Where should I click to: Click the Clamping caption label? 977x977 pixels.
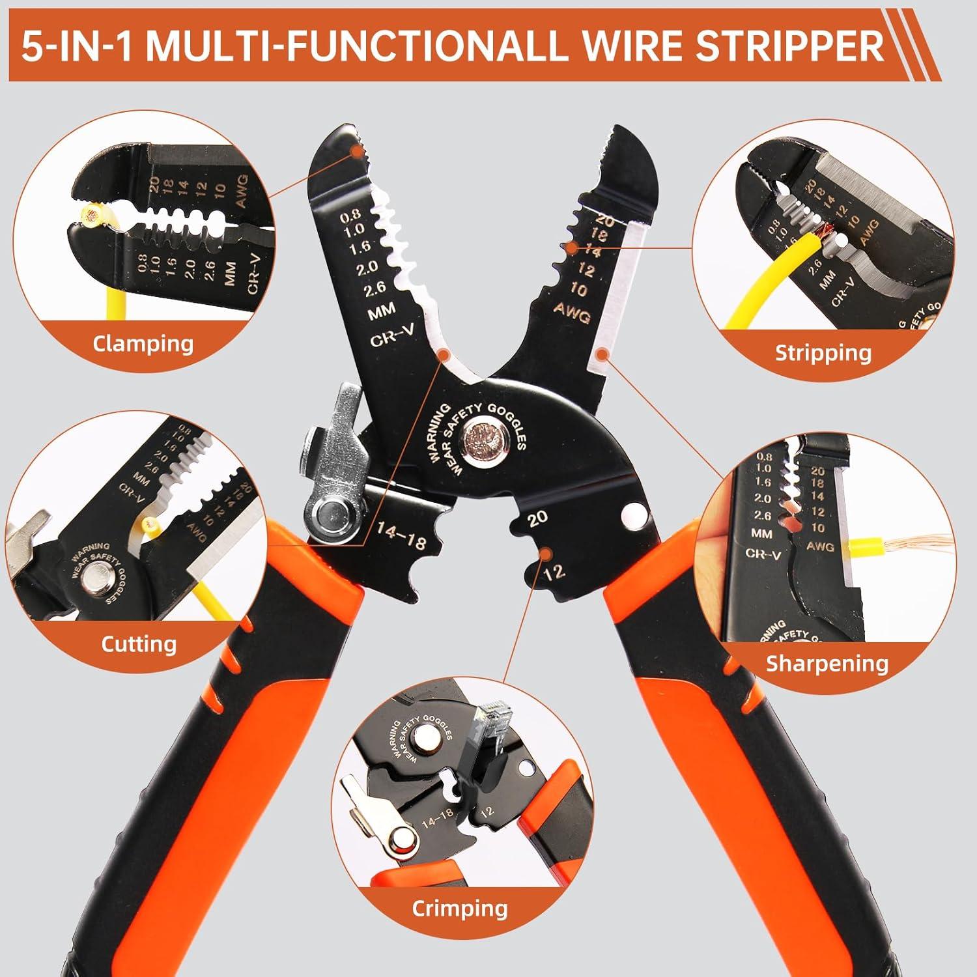tap(143, 343)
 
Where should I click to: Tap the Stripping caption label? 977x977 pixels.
tap(823, 353)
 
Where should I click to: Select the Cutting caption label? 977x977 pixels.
tap(139, 644)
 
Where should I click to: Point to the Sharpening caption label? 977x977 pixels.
tap(827, 663)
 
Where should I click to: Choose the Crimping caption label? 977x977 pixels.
tap(459, 909)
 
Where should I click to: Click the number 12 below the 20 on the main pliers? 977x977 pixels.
tap(554, 573)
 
